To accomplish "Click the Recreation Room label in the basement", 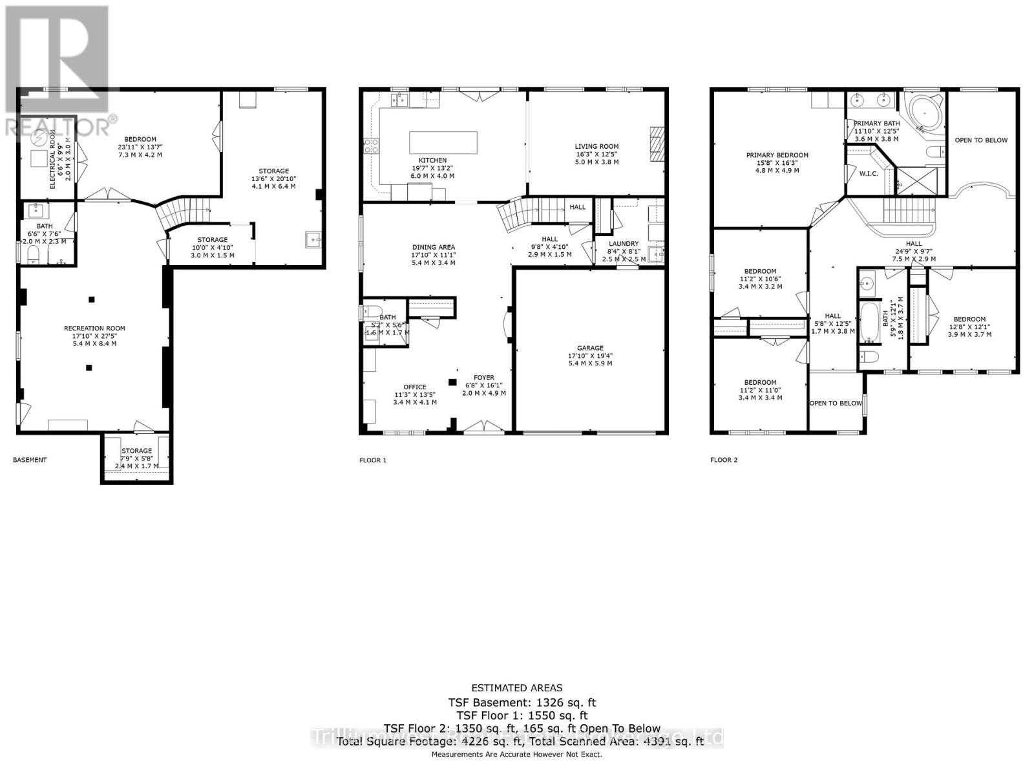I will pos(94,329).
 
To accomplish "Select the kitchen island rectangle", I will pos(443,142).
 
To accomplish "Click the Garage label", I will pos(590,348).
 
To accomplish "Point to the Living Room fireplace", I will pos(657,142).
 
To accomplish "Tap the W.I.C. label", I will pos(869,173).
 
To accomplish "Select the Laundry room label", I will pos(623,244).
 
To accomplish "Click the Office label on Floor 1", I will pos(415,387).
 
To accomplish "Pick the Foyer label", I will pos(483,378).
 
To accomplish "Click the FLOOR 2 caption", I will pos(724,460).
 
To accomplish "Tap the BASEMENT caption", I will pos(30,460).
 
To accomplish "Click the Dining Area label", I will pos(434,247).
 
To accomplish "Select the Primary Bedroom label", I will pos(777,155).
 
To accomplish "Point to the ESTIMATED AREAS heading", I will pos(517,688).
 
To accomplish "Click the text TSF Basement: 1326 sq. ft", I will pos(522,702).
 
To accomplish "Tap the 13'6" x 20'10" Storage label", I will pos(273,171).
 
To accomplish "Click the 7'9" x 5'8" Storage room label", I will pos(136,451).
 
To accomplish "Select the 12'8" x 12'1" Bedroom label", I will pos(969,319).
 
